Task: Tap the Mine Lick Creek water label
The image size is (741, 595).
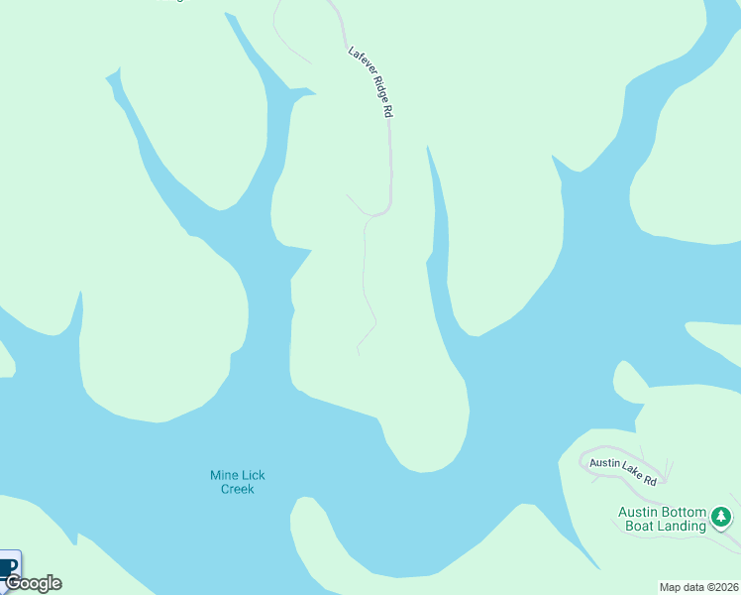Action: click(x=238, y=482)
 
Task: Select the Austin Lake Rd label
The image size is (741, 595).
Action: click(x=623, y=470)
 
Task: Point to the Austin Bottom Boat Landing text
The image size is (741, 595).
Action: click(x=663, y=519)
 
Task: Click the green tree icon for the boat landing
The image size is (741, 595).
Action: click(x=722, y=517)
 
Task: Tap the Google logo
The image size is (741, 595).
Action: click(x=33, y=583)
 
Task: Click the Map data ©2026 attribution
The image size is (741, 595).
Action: click(x=698, y=587)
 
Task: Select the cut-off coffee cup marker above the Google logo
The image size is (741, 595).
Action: click(x=9, y=565)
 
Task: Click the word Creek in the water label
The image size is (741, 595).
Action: click(x=238, y=489)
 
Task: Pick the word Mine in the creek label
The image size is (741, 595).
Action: click(x=225, y=475)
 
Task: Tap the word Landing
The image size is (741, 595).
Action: click(x=683, y=526)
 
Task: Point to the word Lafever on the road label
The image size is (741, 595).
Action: click(x=359, y=61)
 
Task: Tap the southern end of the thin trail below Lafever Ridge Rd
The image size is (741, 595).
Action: click(x=358, y=353)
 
